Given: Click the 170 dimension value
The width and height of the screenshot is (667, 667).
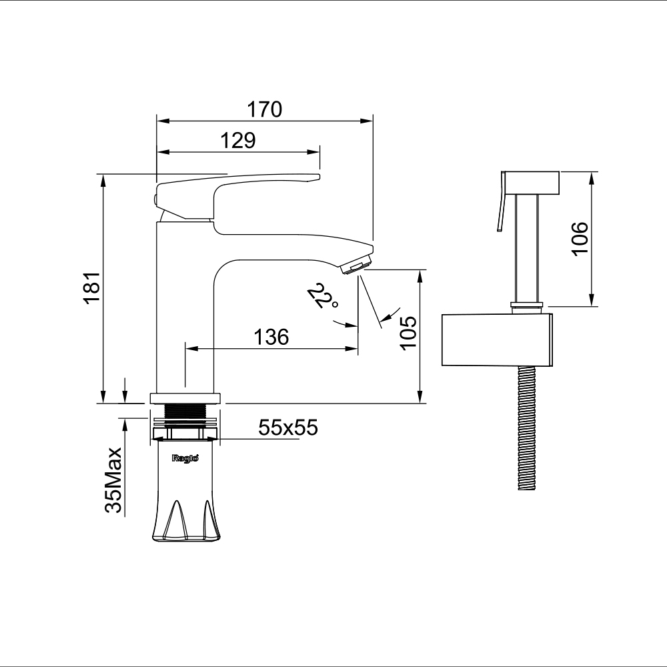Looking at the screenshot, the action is (x=264, y=109).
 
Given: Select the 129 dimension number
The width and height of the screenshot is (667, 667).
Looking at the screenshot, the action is (x=238, y=140).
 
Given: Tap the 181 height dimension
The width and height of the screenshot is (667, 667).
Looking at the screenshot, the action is (x=92, y=287).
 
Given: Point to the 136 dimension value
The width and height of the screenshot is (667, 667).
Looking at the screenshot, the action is (x=271, y=337).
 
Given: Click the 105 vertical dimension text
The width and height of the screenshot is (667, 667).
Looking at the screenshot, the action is (x=409, y=333).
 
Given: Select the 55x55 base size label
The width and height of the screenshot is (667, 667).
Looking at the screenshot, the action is (x=288, y=427).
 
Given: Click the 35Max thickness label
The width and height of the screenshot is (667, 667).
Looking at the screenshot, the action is (x=113, y=480).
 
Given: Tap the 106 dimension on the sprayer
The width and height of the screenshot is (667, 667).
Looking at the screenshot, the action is (x=580, y=239).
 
